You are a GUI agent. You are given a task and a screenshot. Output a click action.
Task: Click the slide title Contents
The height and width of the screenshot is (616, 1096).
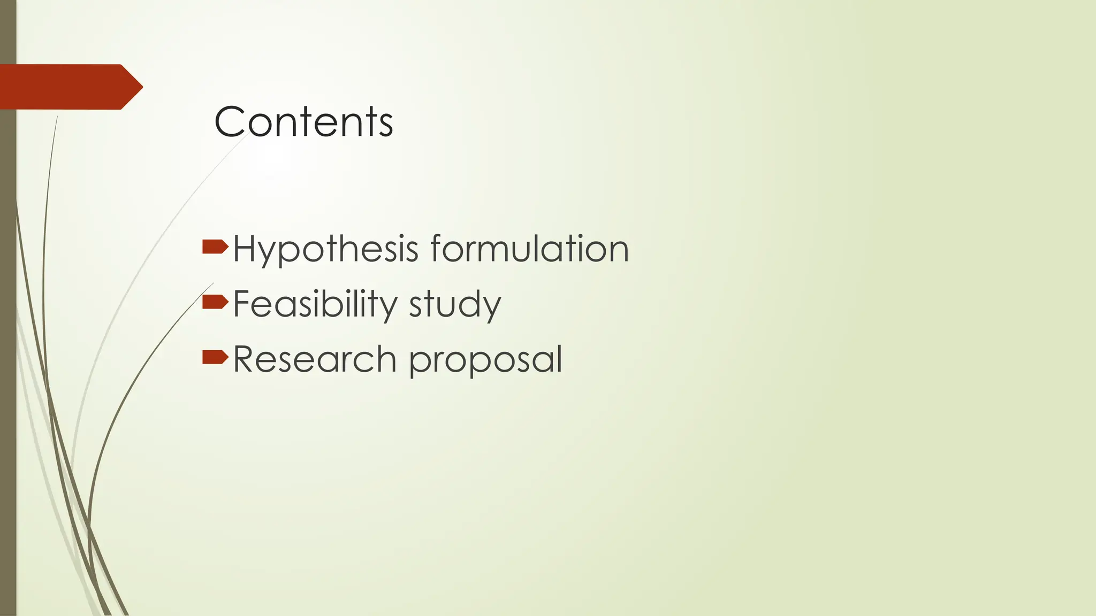[x=303, y=122]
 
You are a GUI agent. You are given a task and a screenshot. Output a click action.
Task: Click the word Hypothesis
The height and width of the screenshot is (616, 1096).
[x=325, y=249]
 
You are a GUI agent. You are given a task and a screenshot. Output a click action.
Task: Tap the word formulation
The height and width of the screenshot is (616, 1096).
[x=529, y=249]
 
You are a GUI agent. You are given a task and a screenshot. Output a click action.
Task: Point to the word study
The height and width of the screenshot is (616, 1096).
[x=455, y=305]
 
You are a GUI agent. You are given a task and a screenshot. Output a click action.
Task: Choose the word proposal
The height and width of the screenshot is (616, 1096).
[x=485, y=360]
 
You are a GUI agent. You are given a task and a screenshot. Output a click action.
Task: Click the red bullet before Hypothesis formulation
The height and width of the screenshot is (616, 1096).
[x=215, y=247]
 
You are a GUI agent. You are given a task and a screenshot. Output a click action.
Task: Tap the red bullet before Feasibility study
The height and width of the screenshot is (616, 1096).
[x=215, y=302]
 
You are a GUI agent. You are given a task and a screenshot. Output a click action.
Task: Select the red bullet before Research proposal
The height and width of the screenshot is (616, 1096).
[x=215, y=357]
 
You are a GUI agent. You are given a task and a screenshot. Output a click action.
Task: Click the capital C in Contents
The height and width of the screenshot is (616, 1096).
[x=229, y=122]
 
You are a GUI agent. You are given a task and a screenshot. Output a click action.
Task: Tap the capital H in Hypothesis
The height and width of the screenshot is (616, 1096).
[x=245, y=249]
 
